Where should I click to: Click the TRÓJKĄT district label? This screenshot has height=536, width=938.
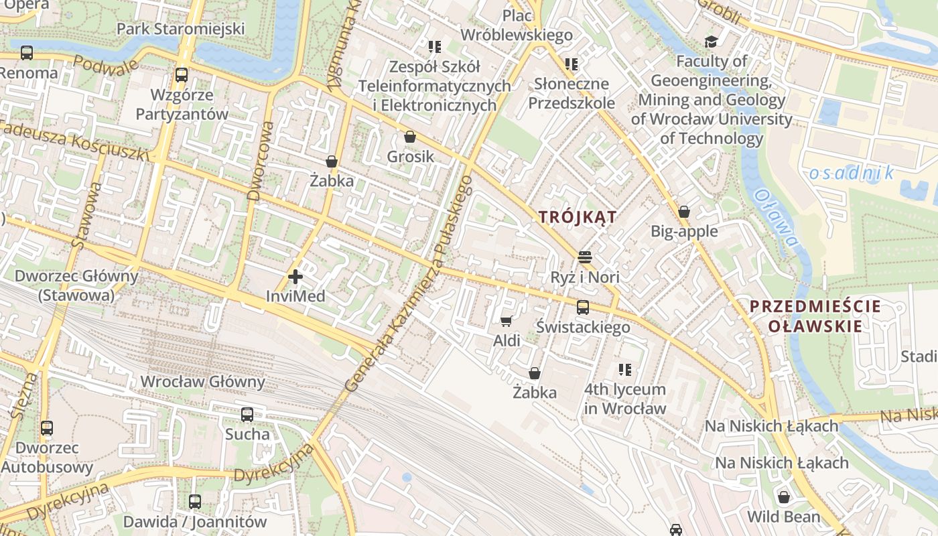click(x=578, y=217)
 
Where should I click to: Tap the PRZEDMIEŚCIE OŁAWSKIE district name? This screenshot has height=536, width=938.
click(x=805, y=316)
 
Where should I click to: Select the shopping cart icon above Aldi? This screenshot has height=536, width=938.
click(x=506, y=321)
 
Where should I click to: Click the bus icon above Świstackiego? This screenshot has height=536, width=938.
click(x=583, y=308)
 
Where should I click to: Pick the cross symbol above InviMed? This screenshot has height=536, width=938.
click(x=295, y=276)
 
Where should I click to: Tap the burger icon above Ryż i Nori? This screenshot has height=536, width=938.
click(x=584, y=257)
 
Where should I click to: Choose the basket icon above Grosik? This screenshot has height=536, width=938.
click(x=410, y=137)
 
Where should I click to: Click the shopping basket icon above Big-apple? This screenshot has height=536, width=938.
click(x=684, y=212)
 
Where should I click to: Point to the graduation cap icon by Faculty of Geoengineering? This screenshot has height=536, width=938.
click(x=710, y=42)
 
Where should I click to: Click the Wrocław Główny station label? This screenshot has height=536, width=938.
click(x=202, y=382)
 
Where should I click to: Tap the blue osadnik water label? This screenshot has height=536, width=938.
click(x=851, y=174)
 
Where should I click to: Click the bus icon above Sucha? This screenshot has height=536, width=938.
click(x=247, y=414)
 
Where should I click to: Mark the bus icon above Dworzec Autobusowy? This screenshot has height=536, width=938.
click(x=46, y=427)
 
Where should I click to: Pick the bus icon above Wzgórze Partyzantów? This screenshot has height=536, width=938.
click(x=181, y=75)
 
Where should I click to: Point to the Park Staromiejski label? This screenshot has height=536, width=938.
click(x=180, y=29)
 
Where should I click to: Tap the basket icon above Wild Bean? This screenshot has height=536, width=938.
click(x=783, y=497)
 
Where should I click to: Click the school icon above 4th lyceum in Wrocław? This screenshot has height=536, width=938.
click(x=625, y=370)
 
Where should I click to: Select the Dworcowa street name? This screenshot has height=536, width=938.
click(x=261, y=161)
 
